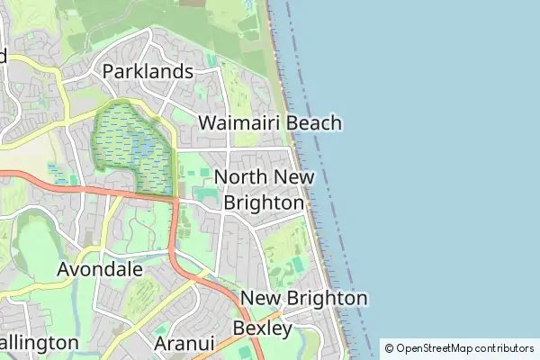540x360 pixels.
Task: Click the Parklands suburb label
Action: click(x=148, y=71)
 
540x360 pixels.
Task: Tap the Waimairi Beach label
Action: click(x=270, y=122)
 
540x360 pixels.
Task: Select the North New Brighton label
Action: click(x=265, y=190)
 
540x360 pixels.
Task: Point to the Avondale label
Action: click(x=99, y=268)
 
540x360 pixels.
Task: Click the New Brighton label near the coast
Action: click(x=304, y=298)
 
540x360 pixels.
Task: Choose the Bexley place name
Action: click(x=262, y=328)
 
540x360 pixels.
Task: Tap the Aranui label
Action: click(x=183, y=343)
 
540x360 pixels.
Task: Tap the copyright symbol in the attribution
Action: click(x=389, y=348)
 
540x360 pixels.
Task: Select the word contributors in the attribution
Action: click(x=504, y=348)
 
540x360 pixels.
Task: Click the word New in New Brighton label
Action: click(x=258, y=298)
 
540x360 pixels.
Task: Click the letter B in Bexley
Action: click(x=238, y=328)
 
